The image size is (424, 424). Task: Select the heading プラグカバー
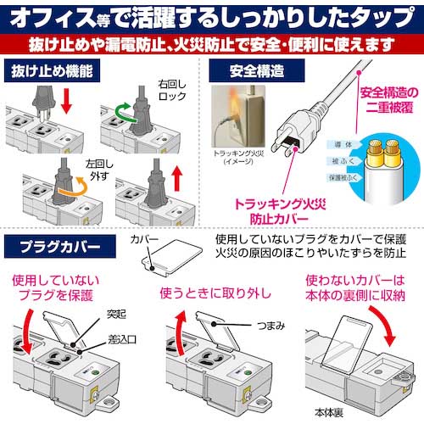[57, 248]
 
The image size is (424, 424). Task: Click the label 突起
[115, 311]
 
